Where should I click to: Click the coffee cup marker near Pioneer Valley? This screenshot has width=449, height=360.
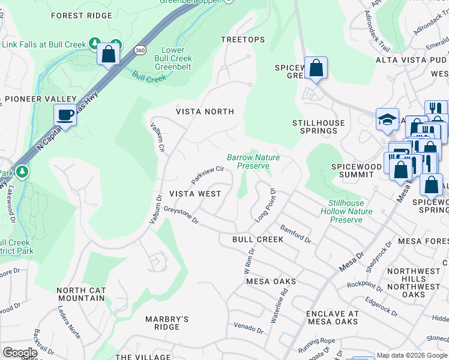click(x=65, y=115)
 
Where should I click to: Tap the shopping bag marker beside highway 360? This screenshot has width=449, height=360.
click(x=109, y=54)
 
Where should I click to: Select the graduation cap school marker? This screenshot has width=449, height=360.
click(x=387, y=119)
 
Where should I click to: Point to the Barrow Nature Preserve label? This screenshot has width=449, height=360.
click(x=253, y=161)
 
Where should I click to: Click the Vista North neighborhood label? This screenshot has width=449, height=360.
click(x=205, y=112)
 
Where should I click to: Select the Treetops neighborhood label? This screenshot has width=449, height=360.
click(x=243, y=40)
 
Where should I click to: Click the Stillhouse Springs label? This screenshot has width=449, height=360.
click(x=319, y=127)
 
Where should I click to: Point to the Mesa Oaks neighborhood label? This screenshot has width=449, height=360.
click(x=271, y=281)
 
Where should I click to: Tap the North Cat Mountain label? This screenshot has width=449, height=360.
click(x=81, y=294)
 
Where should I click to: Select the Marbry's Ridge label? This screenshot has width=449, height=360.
click(x=167, y=323)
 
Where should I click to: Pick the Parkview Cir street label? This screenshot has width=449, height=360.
click(x=207, y=175)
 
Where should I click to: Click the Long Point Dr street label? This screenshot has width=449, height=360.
click(x=265, y=206)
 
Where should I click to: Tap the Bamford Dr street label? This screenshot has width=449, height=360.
click(x=295, y=233)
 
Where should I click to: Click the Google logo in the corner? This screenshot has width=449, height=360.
click(x=20, y=353)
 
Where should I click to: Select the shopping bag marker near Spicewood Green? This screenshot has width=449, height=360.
click(x=315, y=68)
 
